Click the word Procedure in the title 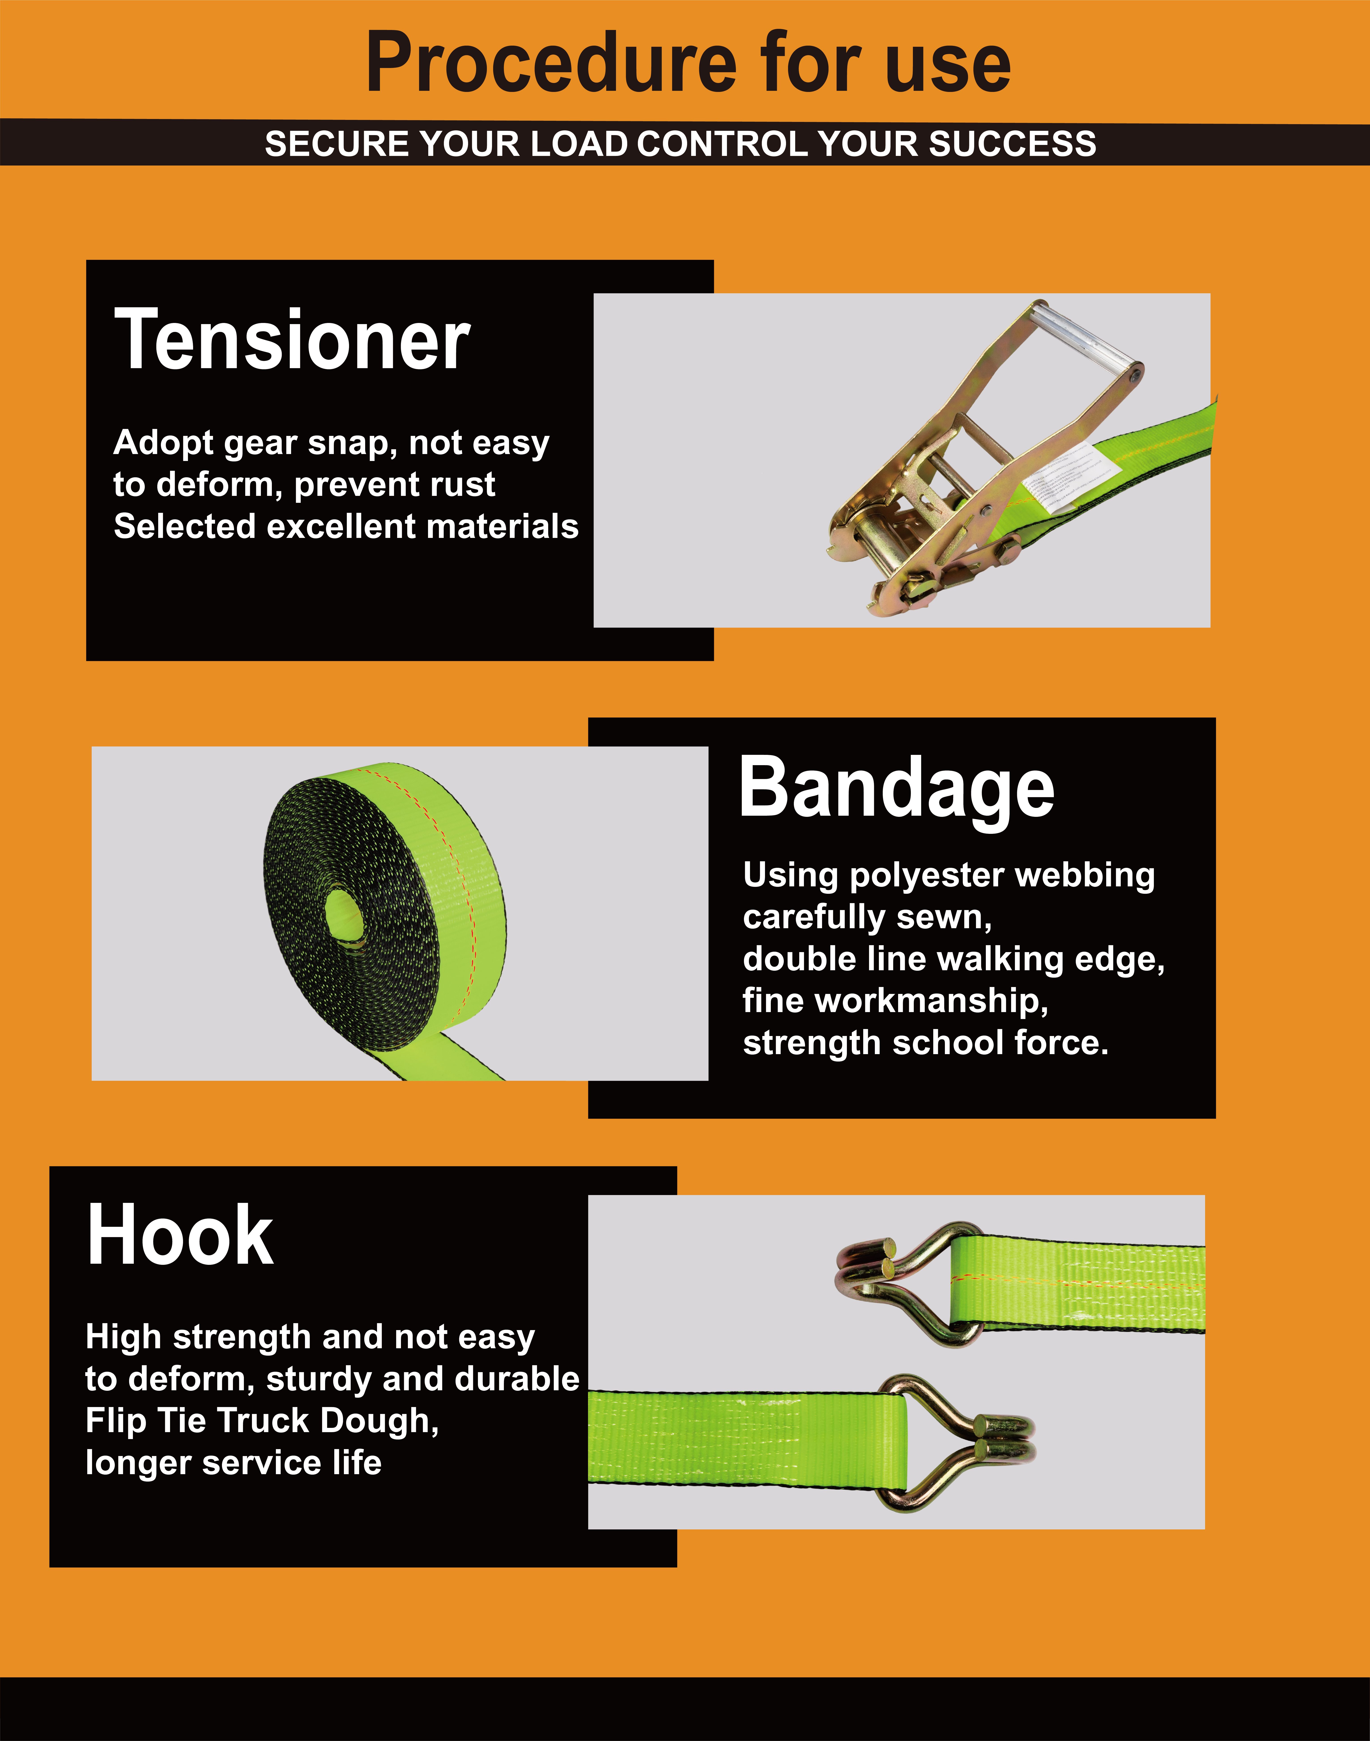(x=551, y=63)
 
